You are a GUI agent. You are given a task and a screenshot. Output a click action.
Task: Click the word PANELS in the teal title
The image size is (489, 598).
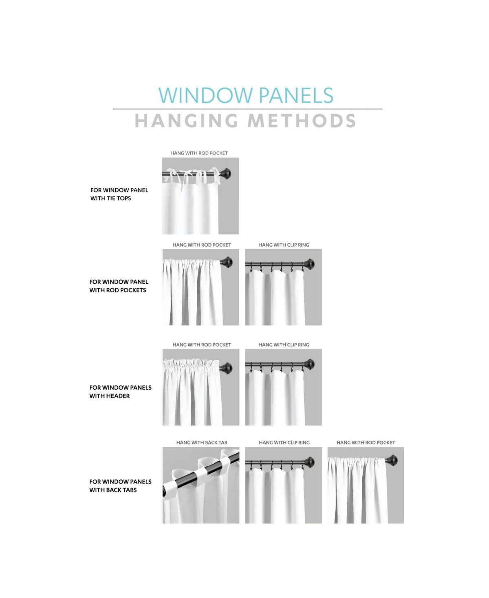[296, 95]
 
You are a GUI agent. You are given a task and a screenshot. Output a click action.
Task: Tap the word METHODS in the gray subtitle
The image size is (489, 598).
[301, 121]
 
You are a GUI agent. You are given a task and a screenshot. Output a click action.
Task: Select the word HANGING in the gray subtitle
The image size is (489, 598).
[186, 121]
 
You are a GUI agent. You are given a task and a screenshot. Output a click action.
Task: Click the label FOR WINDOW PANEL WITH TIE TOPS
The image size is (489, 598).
[119, 194]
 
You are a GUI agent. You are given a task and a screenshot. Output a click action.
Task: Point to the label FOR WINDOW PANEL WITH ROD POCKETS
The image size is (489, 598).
[119, 286]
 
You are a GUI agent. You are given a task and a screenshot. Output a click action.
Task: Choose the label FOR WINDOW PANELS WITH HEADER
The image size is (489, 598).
[120, 392]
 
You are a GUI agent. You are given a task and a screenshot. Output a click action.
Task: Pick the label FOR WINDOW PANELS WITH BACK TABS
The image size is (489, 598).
[120, 486]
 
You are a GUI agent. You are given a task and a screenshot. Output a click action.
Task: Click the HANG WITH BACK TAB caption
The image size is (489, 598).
[202, 442]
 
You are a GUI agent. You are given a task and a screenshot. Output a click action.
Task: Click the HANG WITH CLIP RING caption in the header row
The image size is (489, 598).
[284, 344]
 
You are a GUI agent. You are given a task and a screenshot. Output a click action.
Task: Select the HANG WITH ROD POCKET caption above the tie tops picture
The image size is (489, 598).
[199, 153]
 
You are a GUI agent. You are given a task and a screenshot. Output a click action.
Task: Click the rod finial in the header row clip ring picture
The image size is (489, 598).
[310, 364]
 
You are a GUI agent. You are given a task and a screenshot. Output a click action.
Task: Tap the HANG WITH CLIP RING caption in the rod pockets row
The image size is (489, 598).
[284, 245]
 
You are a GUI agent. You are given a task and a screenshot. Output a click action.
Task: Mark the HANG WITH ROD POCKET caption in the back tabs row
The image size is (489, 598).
[366, 442]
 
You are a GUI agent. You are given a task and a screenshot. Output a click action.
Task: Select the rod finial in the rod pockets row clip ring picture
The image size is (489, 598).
[310, 264]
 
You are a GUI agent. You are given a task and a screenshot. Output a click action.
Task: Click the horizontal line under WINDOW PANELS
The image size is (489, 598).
[247, 109]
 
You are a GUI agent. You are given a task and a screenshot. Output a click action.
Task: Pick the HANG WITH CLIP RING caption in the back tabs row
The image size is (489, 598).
[284, 442]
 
